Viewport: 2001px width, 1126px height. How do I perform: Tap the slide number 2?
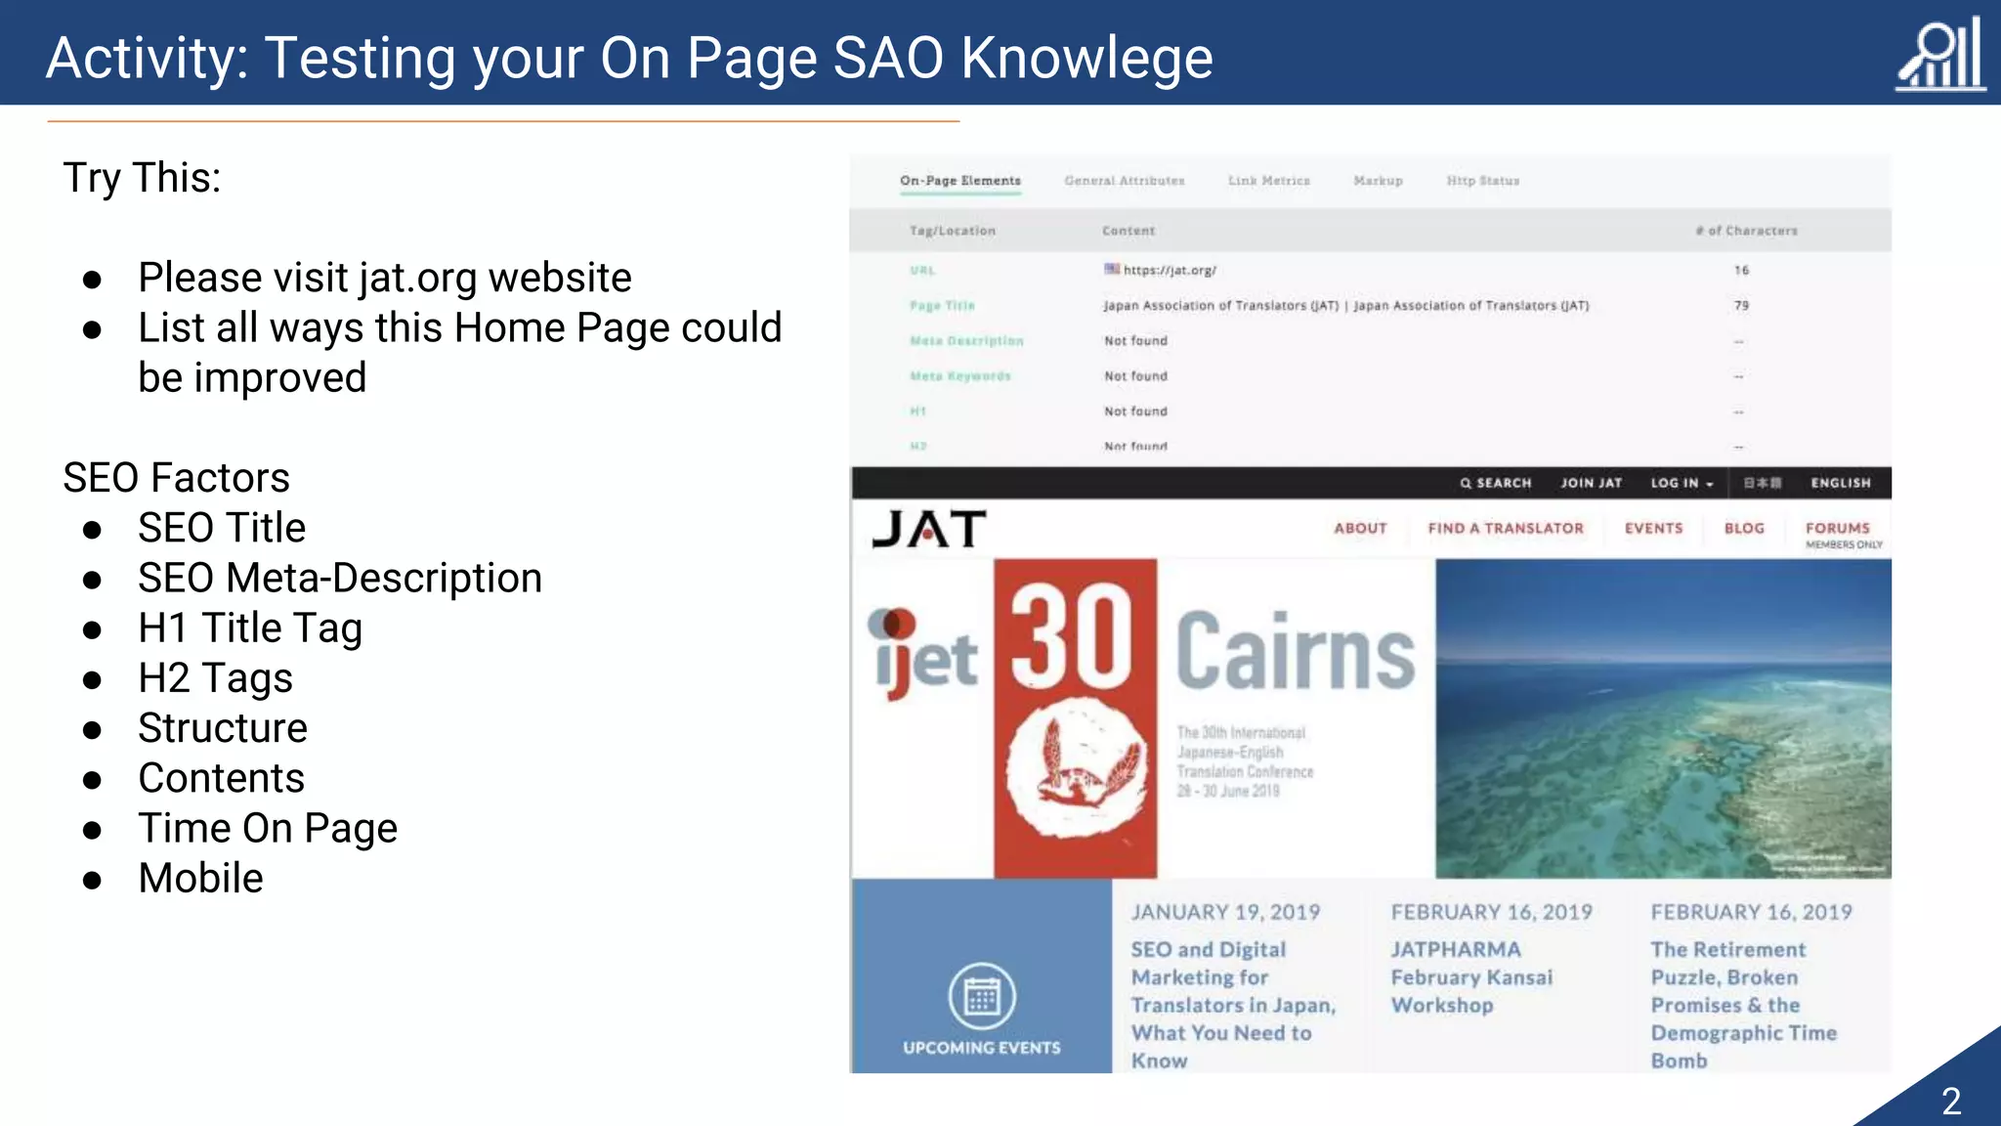(1951, 1102)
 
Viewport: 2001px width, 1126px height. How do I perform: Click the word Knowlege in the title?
(1086, 59)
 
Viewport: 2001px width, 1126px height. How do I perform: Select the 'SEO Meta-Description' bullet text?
(339, 578)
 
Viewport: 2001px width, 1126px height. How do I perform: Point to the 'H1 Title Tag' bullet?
(250, 628)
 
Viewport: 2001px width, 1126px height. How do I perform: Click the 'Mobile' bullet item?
(200, 878)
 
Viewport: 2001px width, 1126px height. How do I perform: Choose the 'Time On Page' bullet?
(268, 828)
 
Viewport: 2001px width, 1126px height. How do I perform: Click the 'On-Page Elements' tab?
(959, 181)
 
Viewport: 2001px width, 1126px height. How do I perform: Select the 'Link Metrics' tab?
(1268, 181)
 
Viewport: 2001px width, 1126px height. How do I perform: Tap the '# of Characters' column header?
(1746, 231)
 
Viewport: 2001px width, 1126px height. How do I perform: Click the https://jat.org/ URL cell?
(1169, 270)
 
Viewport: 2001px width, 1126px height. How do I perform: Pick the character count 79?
(1741, 306)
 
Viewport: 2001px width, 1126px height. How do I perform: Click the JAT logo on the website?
(928, 529)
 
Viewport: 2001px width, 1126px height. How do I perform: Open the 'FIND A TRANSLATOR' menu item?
(1505, 528)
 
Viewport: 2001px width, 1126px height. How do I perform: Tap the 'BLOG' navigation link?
(1744, 528)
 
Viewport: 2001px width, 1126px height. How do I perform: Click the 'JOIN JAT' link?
(1591, 483)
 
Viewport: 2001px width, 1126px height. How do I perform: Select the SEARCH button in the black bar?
(1495, 483)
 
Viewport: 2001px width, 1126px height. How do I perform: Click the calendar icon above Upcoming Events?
(982, 997)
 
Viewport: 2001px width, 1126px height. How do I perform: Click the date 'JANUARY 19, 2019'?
(1225, 912)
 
